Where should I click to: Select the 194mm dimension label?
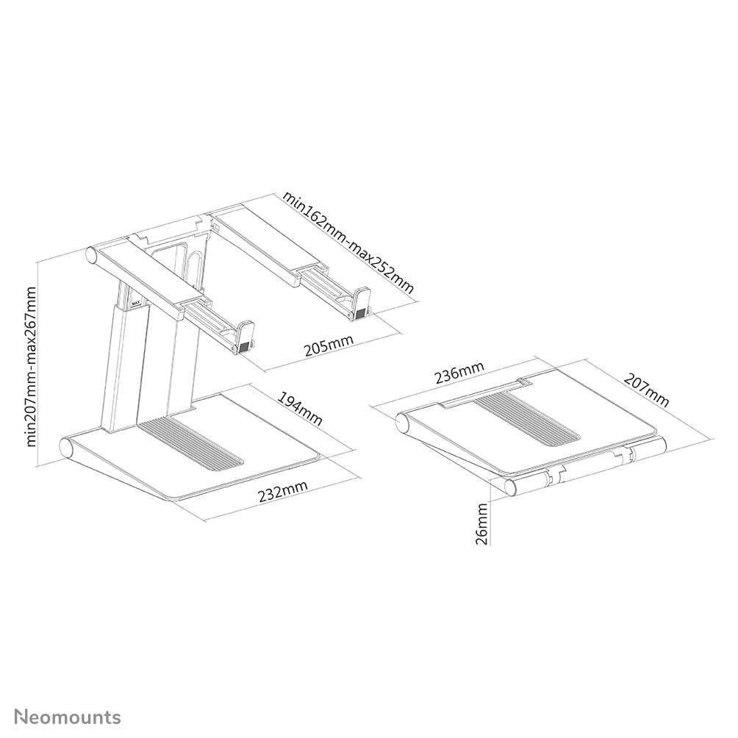300,409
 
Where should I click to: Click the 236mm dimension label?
459,373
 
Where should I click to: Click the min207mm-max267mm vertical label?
32,366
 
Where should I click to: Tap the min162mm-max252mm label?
349,242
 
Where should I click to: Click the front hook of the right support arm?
361,301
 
